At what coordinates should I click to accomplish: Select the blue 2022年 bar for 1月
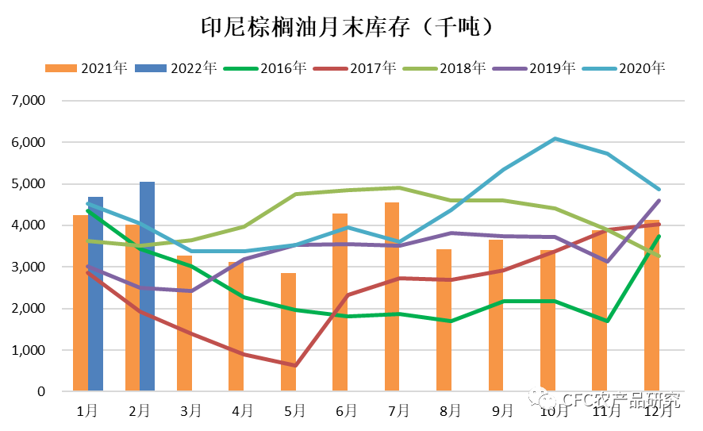pos(95,294)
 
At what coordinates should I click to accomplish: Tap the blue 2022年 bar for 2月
pos(147,286)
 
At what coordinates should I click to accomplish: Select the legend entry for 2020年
pos(626,67)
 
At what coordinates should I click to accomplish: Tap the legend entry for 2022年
pos(179,67)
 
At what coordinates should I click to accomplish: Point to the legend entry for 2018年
pos(447,67)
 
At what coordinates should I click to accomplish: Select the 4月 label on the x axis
pos(243,410)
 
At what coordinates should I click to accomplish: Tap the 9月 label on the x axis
pos(502,410)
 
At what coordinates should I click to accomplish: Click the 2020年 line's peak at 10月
pos(555,139)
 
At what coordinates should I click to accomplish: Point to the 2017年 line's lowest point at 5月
pos(295,365)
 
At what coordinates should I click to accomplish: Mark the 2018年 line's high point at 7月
pos(399,188)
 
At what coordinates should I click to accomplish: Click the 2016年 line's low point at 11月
pos(607,321)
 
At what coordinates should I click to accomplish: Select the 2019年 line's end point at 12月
pos(659,201)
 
